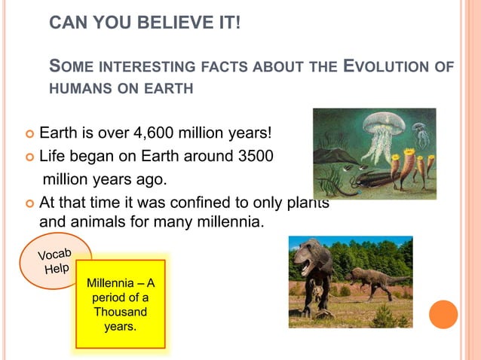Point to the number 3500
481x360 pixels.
[x=250, y=157]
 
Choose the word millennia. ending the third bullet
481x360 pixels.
[x=228, y=223]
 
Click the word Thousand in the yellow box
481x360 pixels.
[x=121, y=311]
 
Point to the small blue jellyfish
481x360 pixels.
[x=421, y=134]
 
